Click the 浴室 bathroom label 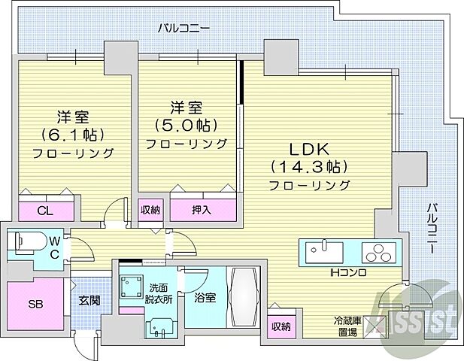[x=204, y=297]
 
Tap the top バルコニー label [x=183, y=29]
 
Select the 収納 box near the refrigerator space [x=281, y=326]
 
